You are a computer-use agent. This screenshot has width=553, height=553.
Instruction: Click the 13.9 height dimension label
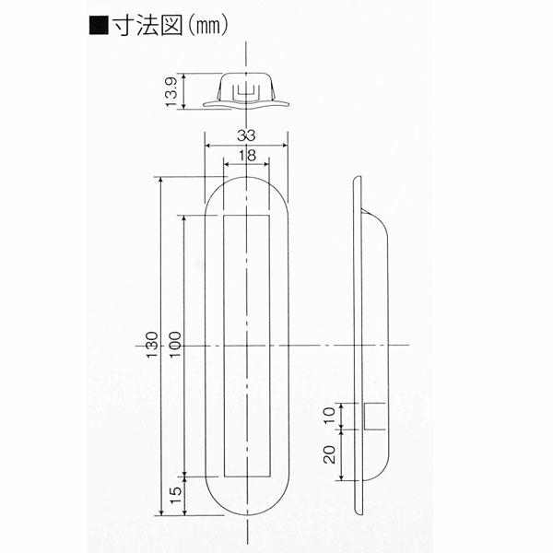click(171, 91)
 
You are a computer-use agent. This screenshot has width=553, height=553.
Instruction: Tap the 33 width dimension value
click(246, 135)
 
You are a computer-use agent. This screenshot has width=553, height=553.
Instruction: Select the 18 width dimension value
click(247, 155)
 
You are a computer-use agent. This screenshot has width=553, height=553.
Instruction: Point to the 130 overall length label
click(152, 345)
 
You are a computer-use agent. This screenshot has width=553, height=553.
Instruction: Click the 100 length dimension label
click(175, 345)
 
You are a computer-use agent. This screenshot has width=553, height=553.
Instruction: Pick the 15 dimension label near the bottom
click(175, 496)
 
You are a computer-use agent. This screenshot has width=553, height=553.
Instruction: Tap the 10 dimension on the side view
click(329, 416)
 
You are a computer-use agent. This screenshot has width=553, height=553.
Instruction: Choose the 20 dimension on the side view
click(329, 454)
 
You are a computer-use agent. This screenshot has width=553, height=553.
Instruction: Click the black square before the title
click(99, 26)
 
